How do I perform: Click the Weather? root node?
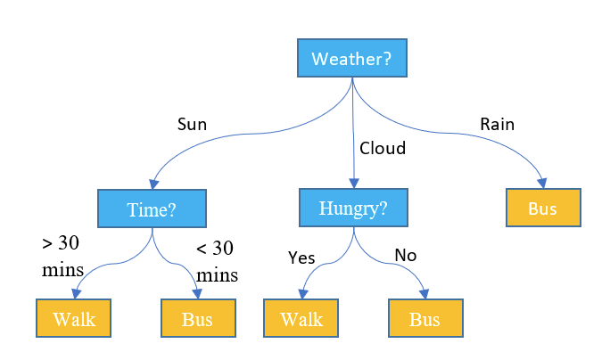352,58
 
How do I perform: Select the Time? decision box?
152,209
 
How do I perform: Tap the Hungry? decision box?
354,208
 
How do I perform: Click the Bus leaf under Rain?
543,208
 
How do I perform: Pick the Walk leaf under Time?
73,318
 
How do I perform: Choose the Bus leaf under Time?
198,318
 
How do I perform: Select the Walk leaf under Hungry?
301,318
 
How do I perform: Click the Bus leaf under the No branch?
426,318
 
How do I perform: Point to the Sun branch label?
192,125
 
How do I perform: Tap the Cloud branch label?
383,148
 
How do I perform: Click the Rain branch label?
497,125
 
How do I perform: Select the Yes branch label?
301,258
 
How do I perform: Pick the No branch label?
406,256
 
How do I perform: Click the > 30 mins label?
62,257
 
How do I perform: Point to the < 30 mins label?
217,262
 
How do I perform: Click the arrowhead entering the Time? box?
154,184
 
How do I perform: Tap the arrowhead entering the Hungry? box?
354,183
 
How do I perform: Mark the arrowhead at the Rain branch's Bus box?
542,184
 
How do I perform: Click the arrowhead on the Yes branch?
303,294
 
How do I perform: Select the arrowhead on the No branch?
425,294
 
